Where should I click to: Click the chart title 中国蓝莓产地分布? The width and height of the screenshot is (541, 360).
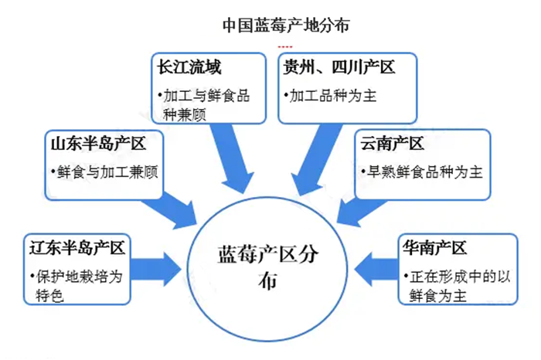click(286, 24)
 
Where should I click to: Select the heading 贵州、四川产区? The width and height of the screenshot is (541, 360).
click(340, 68)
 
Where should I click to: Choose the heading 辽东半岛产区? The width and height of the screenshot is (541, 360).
click(76, 249)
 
